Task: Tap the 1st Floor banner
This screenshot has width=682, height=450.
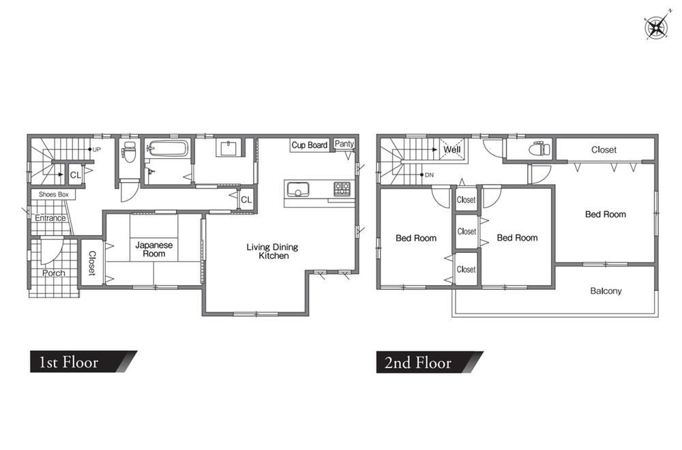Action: pos(83,362)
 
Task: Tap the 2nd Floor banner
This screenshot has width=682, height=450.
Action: pos(430,362)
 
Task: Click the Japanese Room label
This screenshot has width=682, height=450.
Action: pos(154,250)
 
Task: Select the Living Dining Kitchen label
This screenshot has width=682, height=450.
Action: pos(273,252)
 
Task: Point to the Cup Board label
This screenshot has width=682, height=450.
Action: pos(309,145)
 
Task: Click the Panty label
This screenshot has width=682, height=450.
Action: pos(344,144)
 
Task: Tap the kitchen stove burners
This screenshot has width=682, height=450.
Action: pos(342,189)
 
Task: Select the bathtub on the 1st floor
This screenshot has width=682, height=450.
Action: pos(168,148)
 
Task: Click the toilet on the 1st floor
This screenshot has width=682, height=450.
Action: pos(129,151)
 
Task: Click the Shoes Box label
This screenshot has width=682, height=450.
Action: pos(53,194)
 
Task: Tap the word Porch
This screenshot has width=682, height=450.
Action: pos(54,273)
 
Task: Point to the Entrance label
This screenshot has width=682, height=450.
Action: pos(50,217)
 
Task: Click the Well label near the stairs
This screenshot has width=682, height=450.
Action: pos(452,149)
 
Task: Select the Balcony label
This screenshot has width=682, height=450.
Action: pos(606,291)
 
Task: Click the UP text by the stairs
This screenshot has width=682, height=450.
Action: pos(97,149)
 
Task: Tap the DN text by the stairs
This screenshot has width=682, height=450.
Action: pos(429,175)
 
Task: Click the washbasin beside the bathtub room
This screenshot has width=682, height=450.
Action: pos(228,148)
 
